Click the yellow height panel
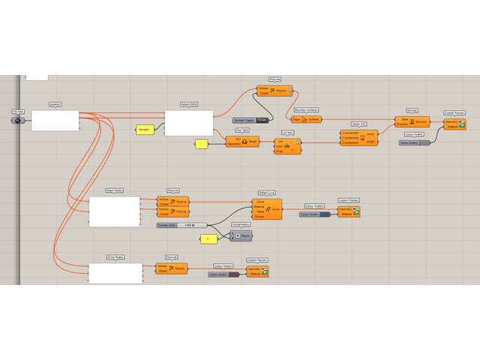point(145,130)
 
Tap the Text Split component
point(242,141)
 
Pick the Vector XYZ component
point(358,136)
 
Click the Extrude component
point(412,121)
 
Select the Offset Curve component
point(267,209)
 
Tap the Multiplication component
point(240,235)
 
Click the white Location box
point(55,121)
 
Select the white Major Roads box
point(114,211)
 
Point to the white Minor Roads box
point(115,273)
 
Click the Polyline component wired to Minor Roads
point(171,268)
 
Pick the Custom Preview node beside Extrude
point(455,124)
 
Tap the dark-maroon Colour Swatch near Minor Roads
point(223,274)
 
